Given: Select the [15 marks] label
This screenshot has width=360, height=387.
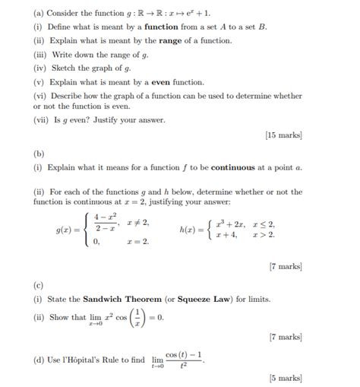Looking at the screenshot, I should click(284, 135).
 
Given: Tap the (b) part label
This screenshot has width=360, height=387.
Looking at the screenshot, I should click(39, 154).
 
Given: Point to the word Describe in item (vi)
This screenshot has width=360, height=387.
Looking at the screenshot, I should click(67, 96).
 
